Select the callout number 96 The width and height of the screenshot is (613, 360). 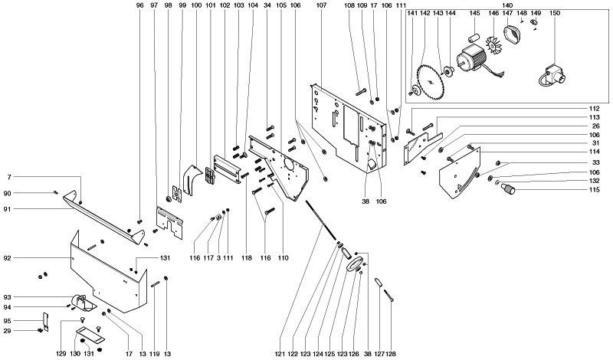(139, 5)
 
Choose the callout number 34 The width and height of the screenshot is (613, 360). (267, 5)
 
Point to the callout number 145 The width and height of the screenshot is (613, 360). (474, 14)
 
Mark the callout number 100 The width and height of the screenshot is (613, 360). (196, 5)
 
